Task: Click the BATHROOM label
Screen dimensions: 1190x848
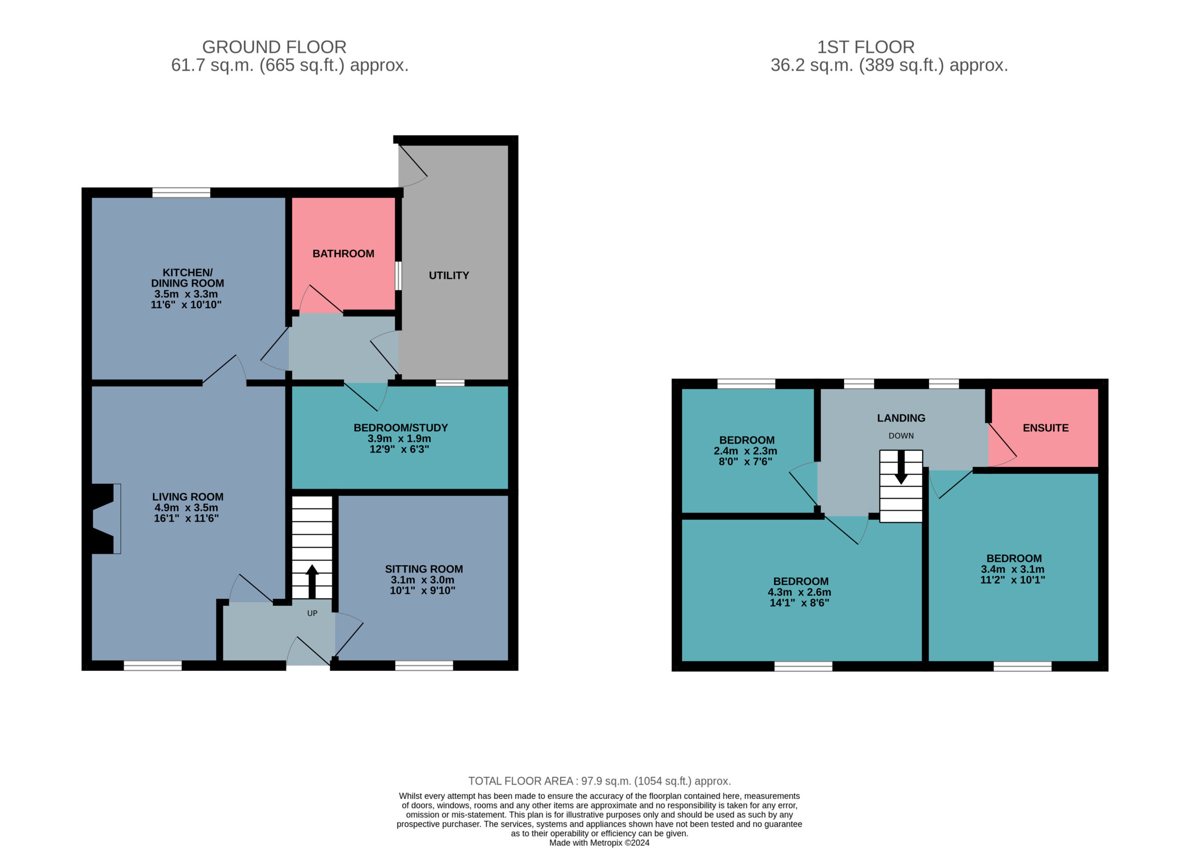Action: point(343,254)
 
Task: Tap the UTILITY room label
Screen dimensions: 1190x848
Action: point(449,276)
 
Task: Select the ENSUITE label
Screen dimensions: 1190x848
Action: point(1045,428)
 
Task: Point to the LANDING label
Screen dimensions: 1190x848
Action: point(901,418)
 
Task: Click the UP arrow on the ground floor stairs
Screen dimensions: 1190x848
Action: point(312,581)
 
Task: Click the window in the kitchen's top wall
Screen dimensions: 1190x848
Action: point(181,192)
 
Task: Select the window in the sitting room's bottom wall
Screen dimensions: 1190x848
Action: point(424,666)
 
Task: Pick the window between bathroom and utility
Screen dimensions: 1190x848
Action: point(398,276)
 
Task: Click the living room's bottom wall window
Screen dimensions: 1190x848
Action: point(152,666)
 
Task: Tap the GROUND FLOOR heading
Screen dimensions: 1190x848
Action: point(274,47)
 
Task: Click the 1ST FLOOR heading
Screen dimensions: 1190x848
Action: point(866,47)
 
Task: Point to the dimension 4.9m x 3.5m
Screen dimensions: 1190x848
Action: point(186,508)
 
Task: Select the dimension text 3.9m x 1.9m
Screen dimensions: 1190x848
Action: point(399,438)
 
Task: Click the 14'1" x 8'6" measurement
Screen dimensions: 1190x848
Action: point(799,603)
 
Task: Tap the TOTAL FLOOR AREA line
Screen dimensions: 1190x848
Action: point(599,781)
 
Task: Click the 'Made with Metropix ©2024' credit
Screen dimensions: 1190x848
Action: point(599,843)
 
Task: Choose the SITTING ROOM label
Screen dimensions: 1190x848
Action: point(424,569)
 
